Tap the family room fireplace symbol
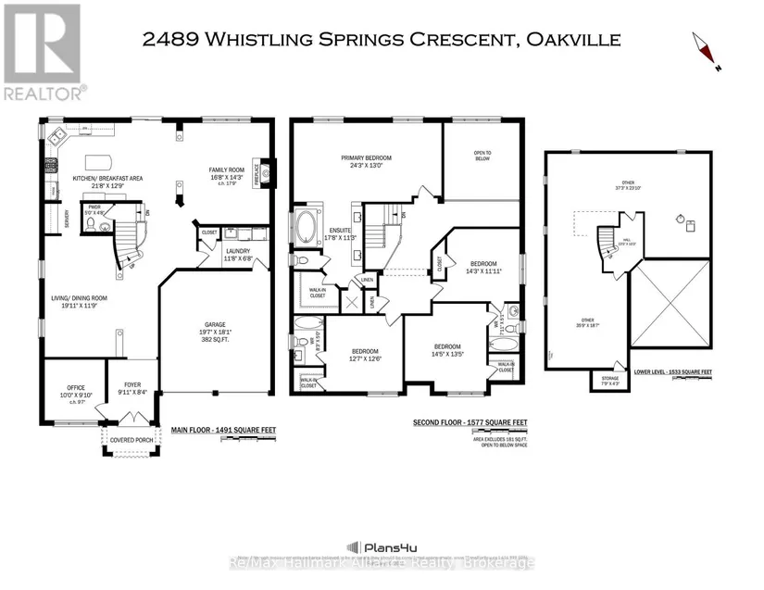265,170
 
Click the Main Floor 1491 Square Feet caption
223,429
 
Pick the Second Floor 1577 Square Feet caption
470,422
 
